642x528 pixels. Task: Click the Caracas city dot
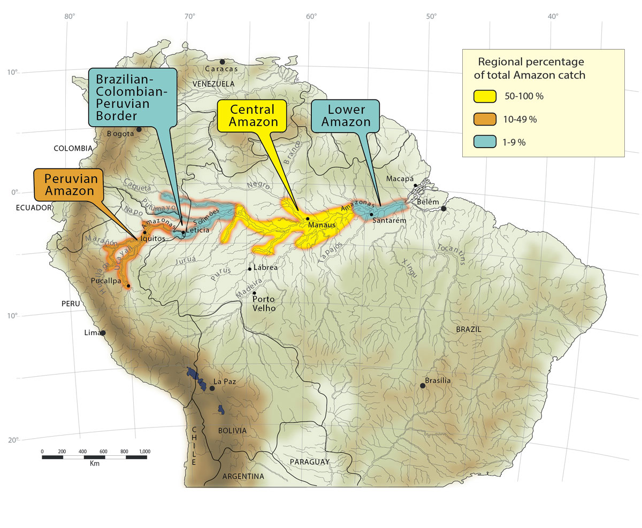tap(222, 62)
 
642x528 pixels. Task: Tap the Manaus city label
tap(321, 225)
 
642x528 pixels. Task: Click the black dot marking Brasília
tap(423, 385)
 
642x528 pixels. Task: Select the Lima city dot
tap(103, 332)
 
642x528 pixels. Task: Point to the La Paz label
tap(225, 382)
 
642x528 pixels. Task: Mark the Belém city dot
tap(444, 208)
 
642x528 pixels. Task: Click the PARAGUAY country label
tap(309, 461)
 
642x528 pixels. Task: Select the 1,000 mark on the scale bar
tap(144, 452)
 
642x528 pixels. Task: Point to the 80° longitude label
tap(69, 16)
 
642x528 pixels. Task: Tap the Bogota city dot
tap(139, 129)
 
